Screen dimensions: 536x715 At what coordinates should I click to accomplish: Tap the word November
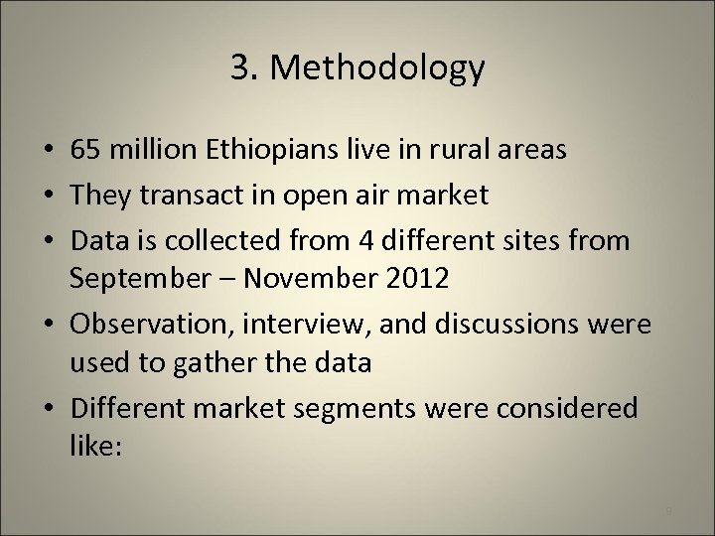pyautogui.click(x=319, y=279)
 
